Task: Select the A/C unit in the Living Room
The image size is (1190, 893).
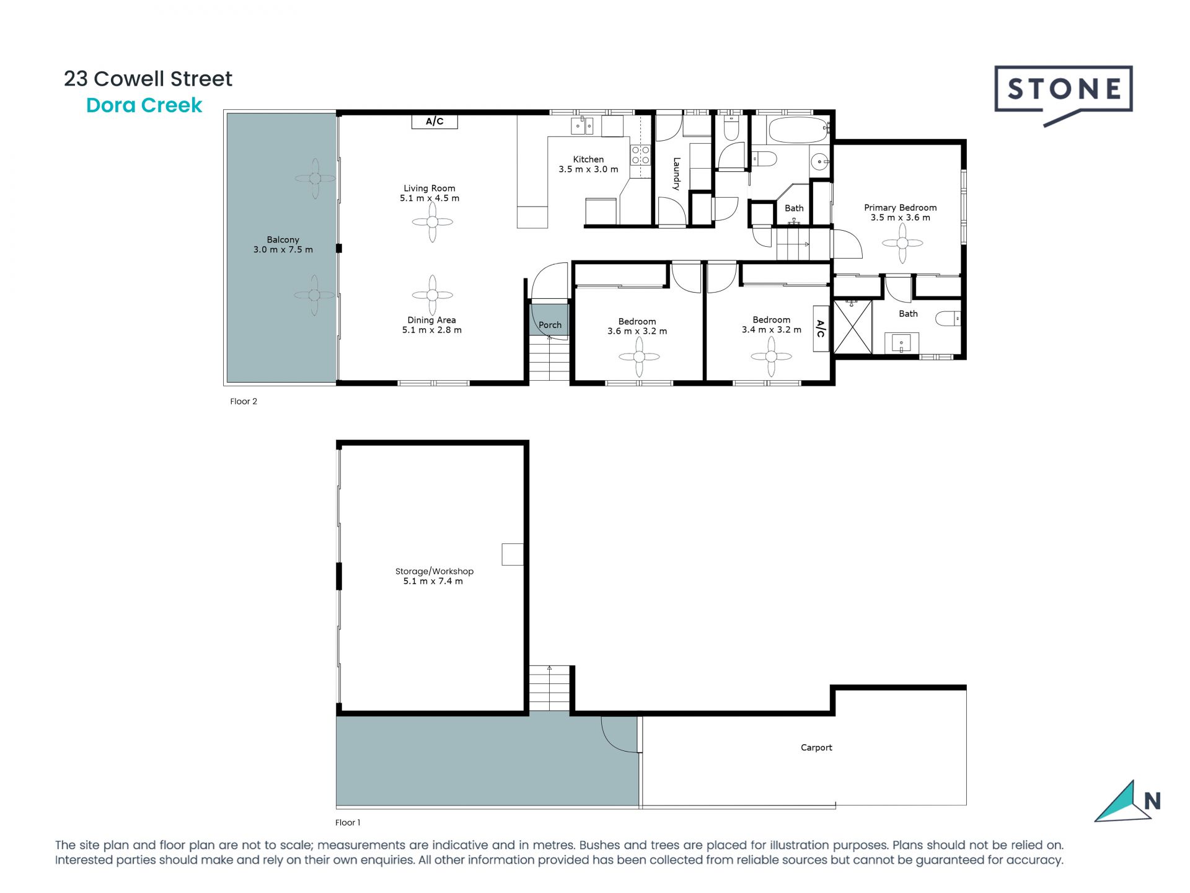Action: click(x=434, y=122)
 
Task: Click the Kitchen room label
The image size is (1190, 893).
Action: click(x=588, y=159)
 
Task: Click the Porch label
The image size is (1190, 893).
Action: click(x=550, y=325)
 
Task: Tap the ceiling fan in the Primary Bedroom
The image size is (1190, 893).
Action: click(x=902, y=243)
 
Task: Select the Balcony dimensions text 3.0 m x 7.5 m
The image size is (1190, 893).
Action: click(x=283, y=250)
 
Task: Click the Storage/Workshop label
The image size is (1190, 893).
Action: click(x=434, y=571)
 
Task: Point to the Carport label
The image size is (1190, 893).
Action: click(x=816, y=747)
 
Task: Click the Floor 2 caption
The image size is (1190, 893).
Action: click(x=244, y=401)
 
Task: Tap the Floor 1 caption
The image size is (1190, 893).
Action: click(x=348, y=822)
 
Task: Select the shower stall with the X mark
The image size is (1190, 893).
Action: click(x=853, y=327)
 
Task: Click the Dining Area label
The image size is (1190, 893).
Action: click(x=431, y=320)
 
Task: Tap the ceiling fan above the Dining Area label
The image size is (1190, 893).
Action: click(x=433, y=295)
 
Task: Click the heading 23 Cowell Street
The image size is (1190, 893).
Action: click(x=148, y=79)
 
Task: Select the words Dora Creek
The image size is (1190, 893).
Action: click(x=144, y=105)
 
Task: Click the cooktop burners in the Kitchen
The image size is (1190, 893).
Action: click(x=640, y=155)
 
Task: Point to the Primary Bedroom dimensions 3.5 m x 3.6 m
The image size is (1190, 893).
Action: click(x=900, y=218)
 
